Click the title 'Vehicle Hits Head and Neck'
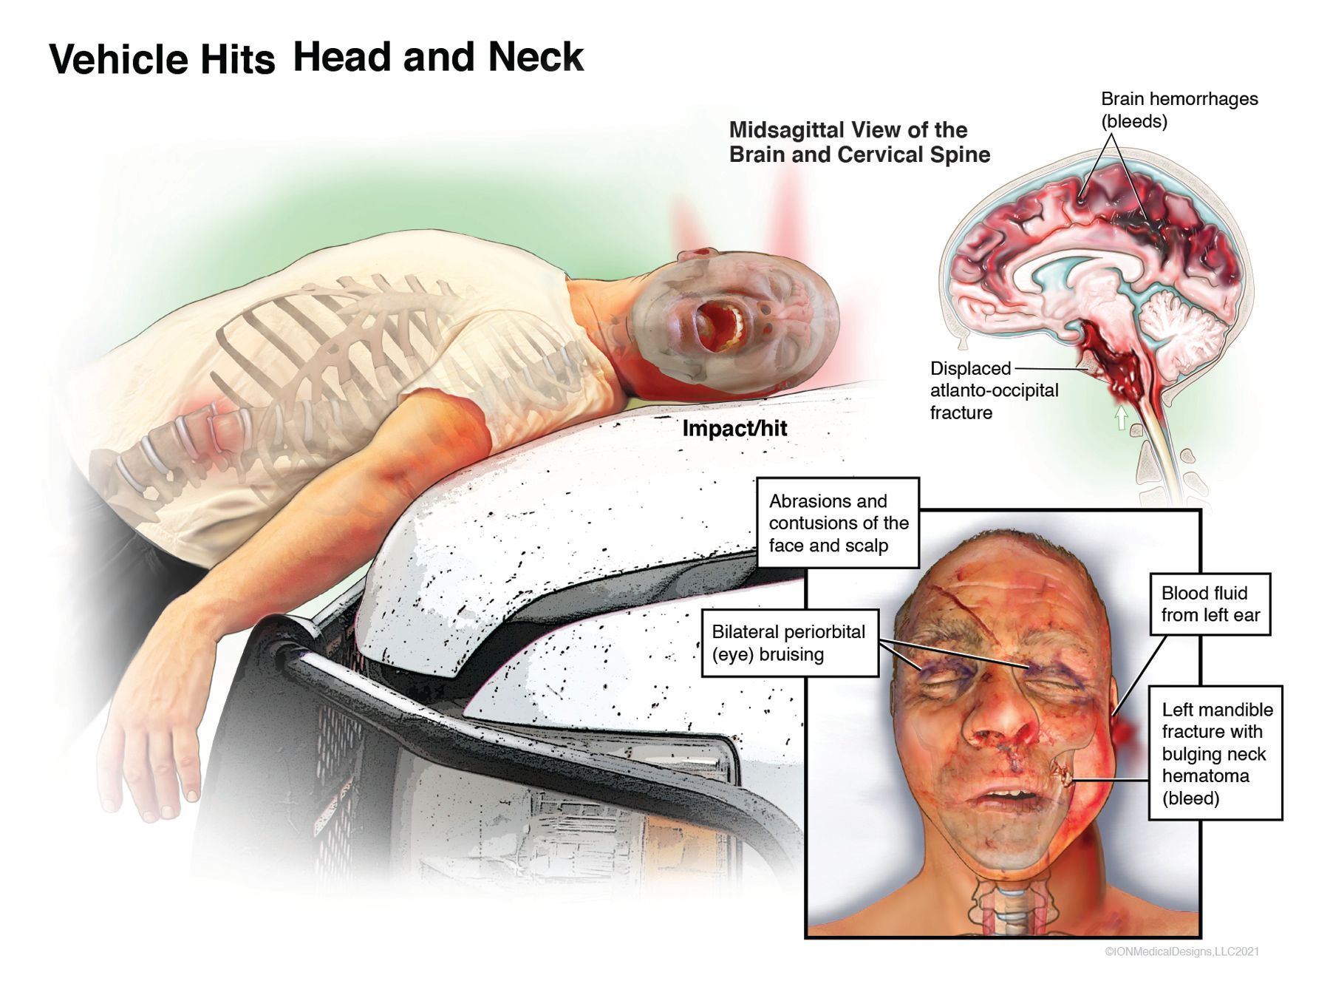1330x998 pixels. click(x=316, y=58)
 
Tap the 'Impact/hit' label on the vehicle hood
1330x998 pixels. click(x=734, y=428)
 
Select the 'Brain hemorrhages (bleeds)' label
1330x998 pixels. click(x=1179, y=109)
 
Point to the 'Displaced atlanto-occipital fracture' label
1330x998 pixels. click(x=994, y=390)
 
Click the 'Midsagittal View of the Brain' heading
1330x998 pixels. click(x=859, y=142)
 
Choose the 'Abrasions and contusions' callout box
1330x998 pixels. click(x=838, y=523)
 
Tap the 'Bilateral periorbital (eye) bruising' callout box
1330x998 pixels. click(x=788, y=643)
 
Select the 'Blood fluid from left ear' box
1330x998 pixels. click(x=1210, y=604)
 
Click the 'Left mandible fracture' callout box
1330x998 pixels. click(x=1215, y=753)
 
